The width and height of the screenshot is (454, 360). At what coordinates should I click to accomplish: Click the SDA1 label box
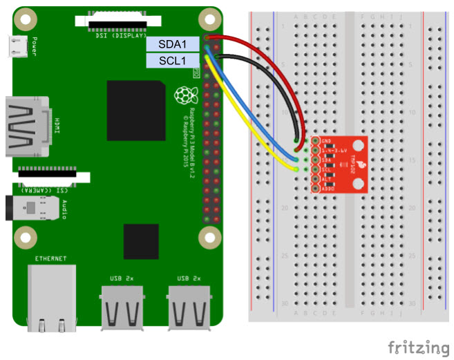point(171,44)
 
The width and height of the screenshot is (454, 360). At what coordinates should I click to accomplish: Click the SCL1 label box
point(171,61)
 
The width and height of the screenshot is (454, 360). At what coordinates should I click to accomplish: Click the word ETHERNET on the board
point(52,259)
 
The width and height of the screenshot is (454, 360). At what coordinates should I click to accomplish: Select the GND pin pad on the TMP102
point(315,141)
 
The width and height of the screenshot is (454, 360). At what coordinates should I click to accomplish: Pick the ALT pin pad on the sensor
point(315,178)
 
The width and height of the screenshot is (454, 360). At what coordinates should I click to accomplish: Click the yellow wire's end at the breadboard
point(296,168)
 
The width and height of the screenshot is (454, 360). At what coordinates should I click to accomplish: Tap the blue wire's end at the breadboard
point(296,159)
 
